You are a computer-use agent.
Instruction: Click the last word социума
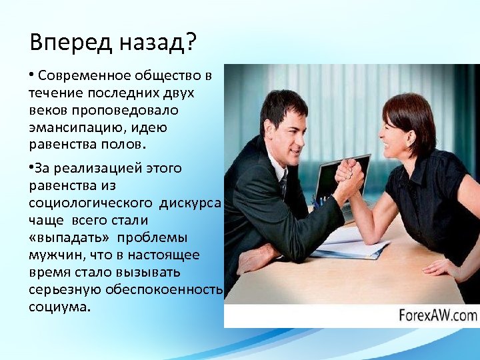pos(59,307)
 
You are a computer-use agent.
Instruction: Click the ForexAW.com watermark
pos(438,315)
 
